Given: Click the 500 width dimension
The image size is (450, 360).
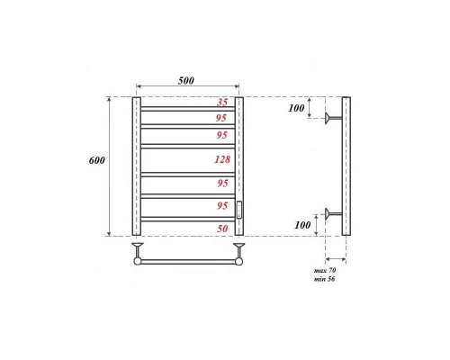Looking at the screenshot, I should (186, 80).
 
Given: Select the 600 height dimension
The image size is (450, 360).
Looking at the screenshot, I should (98, 160).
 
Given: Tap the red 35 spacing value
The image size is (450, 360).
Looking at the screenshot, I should (222, 103).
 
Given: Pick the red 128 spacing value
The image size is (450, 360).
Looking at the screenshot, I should (222, 159).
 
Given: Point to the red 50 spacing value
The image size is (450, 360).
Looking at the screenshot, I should (222, 229).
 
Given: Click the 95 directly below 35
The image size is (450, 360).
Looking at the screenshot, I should (222, 118).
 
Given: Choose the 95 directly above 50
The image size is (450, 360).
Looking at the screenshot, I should (222, 206).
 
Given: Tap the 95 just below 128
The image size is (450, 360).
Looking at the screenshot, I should (222, 184).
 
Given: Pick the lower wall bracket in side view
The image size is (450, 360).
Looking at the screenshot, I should (334, 214).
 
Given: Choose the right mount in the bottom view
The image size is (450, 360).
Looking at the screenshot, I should (239, 249).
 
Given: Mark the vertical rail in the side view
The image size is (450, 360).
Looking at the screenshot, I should (347, 166).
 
